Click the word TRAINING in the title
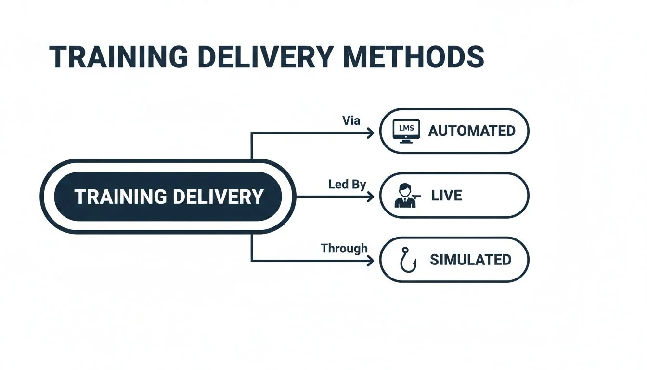coord(118,57)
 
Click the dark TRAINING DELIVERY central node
coord(168,197)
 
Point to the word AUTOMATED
coord(471,131)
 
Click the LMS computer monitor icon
coord(406,130)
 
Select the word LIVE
coord(446,196)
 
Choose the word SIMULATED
coord(470,260)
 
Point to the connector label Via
coord(351,120)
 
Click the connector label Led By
coord(347,184)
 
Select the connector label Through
coord(344,249)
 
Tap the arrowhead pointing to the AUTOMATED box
coord(370,133)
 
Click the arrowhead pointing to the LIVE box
coord(370,197)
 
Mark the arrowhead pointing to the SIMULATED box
coord(370,261)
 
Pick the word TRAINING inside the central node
coord(120,197)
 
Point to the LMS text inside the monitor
coord(406,128)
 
